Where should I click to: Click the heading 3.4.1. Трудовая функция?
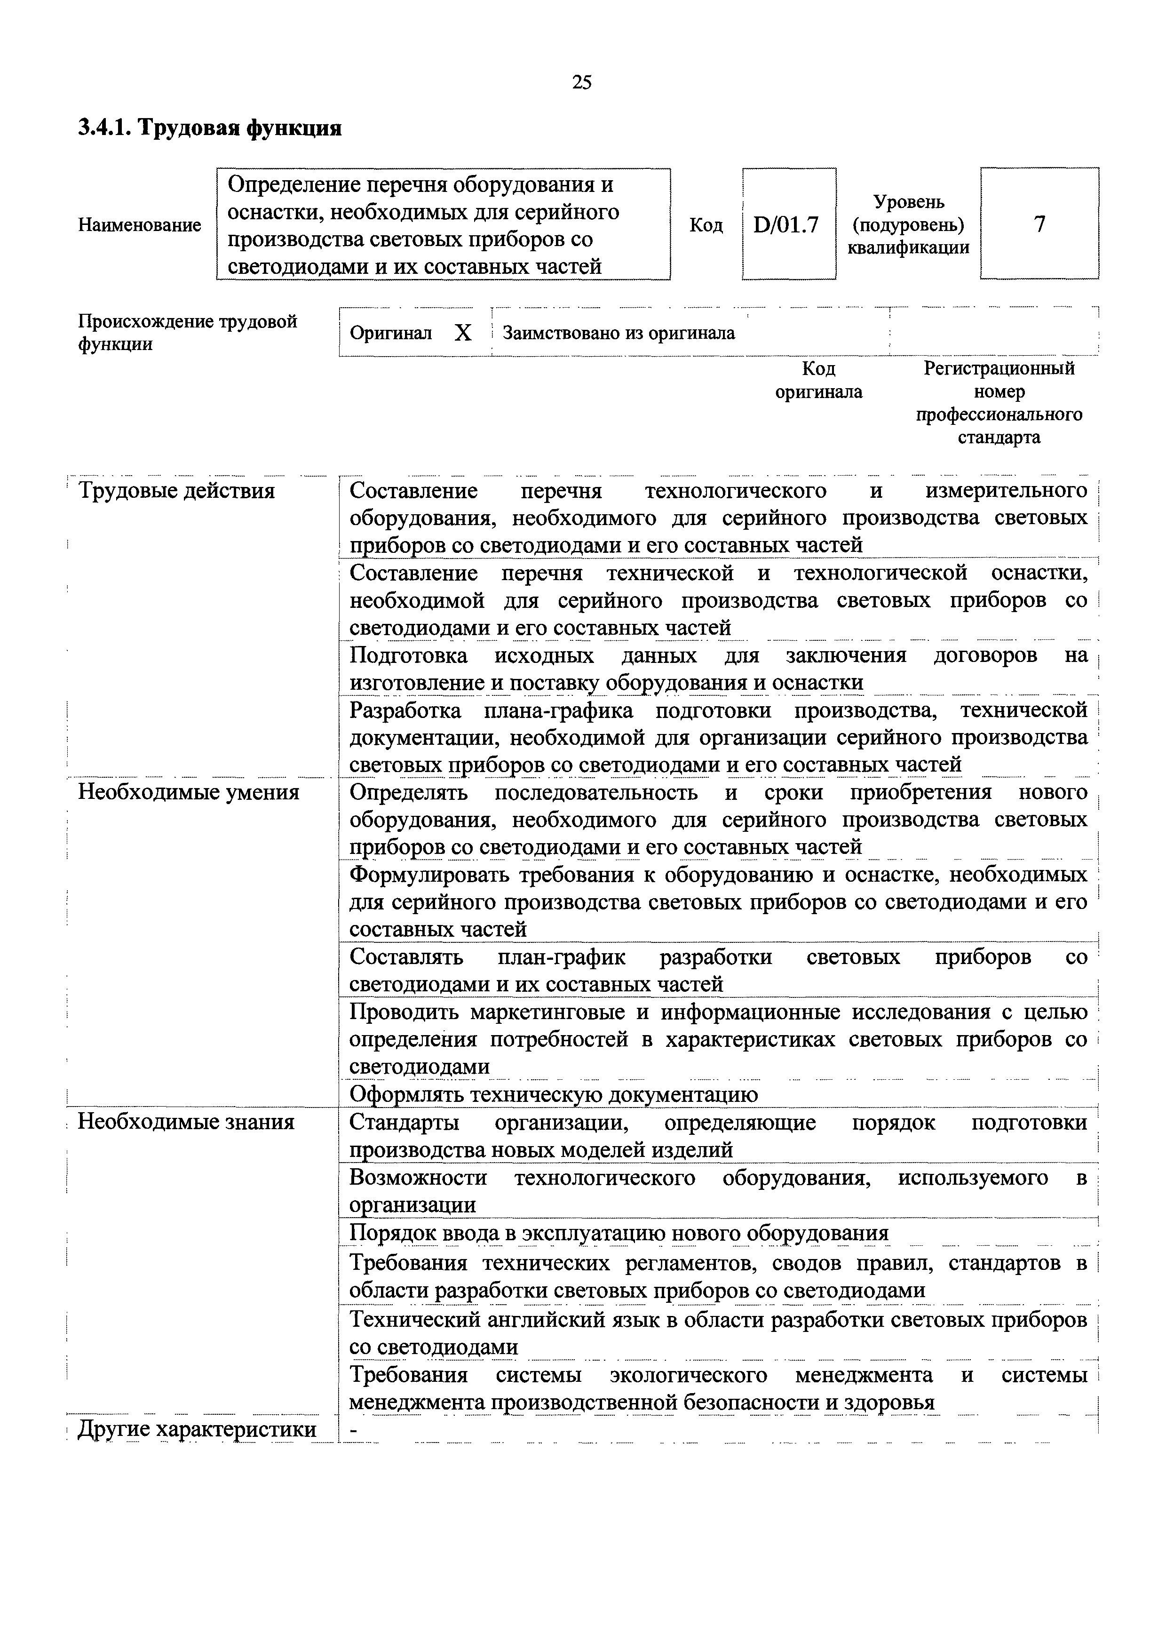(x=209, y=128)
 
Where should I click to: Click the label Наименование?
(x=139, y=225)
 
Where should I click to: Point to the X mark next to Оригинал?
(x=463, y=333)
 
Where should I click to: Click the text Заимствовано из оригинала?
(x=619, y=333)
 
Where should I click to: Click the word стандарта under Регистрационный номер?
(x=999, y=437)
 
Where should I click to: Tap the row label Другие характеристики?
(x=197, y=1429)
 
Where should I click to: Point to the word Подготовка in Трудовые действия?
(x=408, y=655)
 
